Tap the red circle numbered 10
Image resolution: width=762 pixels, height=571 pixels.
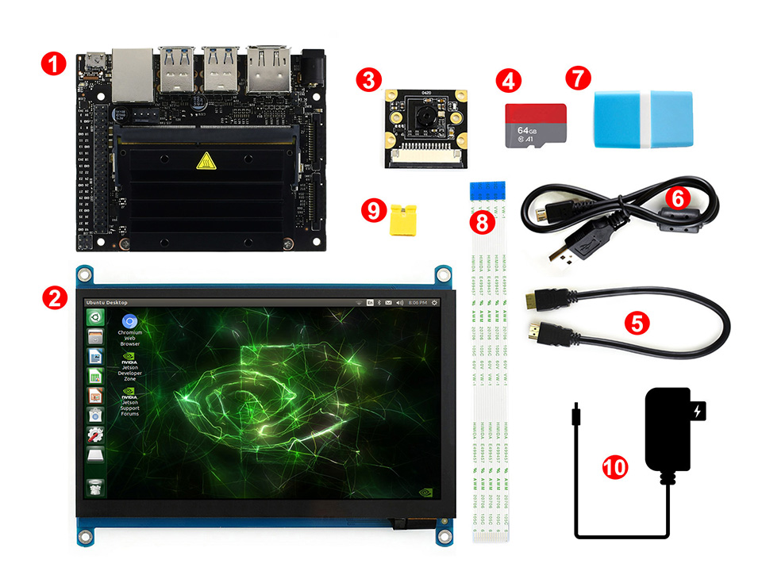(614, 466)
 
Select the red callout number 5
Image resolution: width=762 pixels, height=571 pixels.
(637, 323)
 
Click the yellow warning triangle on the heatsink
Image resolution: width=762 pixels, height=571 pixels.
(205, 163)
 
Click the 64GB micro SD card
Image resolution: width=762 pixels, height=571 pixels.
(536, 125)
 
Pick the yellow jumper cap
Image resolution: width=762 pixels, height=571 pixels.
(404, 222)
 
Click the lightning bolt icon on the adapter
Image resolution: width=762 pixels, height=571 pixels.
(698, 412)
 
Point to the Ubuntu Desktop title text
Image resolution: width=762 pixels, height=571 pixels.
(106, 303)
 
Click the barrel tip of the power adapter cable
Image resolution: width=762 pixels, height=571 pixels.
(574, 412)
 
